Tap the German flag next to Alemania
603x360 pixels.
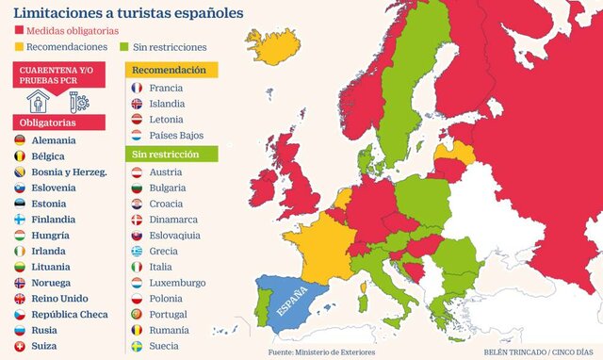tap(20, 140)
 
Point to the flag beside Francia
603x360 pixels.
tap(137, 88)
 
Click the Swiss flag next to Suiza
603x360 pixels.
tap(20, 346)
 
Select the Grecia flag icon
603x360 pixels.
tap(137, 252)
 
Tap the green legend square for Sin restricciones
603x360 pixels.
tap(123, 46)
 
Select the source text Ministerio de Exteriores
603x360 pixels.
tap(334, 352)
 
